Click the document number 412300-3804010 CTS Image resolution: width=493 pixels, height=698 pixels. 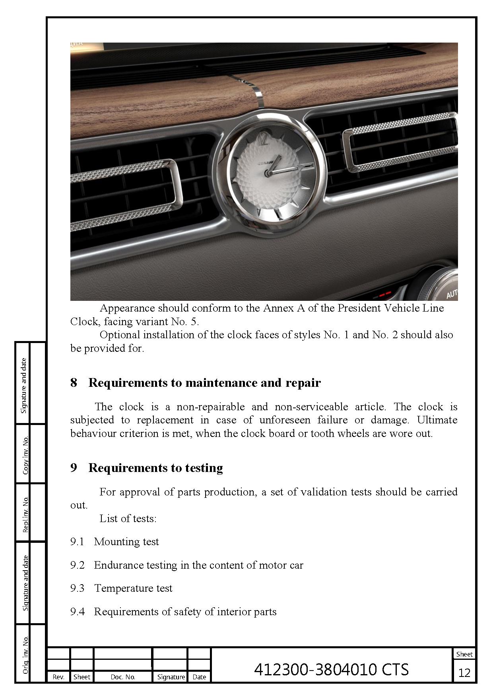tap(331, 669)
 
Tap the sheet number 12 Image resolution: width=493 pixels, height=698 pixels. tap(464, 673)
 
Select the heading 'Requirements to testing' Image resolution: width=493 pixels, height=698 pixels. tap(155, 468)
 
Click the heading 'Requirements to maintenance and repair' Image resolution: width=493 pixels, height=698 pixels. tap(204, 383)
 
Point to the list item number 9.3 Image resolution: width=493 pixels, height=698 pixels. tap(77, 588)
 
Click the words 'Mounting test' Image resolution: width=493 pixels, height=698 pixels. tap(126, 542)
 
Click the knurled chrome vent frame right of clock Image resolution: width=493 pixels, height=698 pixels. tap(400, 142)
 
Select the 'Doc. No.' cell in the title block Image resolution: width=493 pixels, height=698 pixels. tap(123, 677)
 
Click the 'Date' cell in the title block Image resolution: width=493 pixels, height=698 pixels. tap(199, 677)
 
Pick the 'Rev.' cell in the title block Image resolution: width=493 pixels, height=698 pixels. tap(58, 677)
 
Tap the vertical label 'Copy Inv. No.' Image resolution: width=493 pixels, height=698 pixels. tap(25, 455)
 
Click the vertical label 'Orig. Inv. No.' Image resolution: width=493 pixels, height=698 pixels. tap(25, 655)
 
